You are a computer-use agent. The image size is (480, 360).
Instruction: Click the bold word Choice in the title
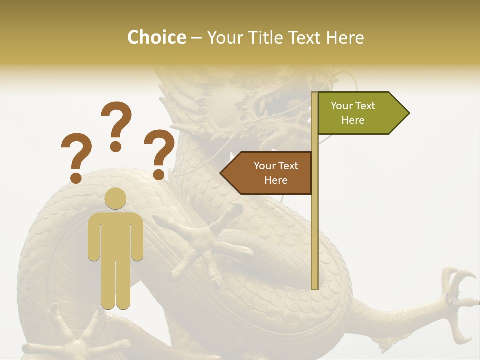[156, 37]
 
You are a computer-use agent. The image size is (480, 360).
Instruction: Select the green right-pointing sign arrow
[360, 113]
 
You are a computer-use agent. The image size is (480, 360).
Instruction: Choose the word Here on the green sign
[353, 120]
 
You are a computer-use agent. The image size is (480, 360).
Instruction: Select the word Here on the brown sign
[276, 180]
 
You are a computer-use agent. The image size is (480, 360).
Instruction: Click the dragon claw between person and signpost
[200, 245]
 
